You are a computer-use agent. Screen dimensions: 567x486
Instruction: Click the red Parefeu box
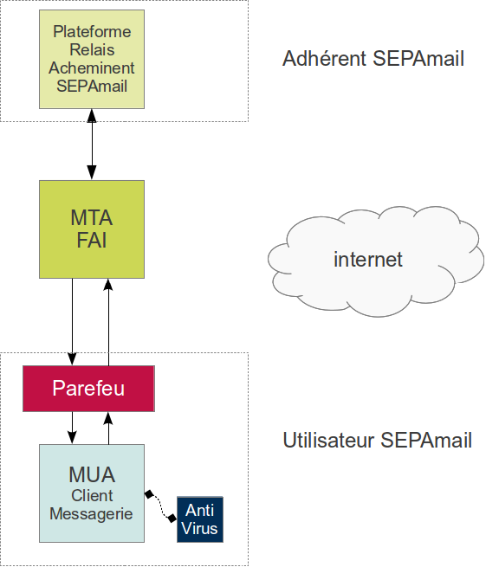(88, 388)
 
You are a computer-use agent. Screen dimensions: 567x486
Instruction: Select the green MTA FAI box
(92, 229)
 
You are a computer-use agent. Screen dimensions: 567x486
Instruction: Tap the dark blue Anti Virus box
(200, 519)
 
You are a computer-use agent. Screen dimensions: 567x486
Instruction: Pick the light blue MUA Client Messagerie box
(92, 493)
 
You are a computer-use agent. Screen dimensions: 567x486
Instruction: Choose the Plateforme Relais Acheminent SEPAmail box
(92, 59)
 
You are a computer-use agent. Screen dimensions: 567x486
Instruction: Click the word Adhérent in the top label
(326, 59)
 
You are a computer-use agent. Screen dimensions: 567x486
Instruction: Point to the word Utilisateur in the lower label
(328, 440)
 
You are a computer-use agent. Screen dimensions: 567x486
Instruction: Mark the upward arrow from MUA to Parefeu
(108, 427)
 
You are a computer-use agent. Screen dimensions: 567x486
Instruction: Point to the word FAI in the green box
(92, 240)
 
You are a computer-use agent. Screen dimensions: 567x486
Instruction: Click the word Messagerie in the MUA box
(92, 513)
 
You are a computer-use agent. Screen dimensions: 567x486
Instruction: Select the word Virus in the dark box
(200, 528)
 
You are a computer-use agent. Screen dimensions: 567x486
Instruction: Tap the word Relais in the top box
(92, 50)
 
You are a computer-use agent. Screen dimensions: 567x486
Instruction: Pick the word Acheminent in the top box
(92, 68)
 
